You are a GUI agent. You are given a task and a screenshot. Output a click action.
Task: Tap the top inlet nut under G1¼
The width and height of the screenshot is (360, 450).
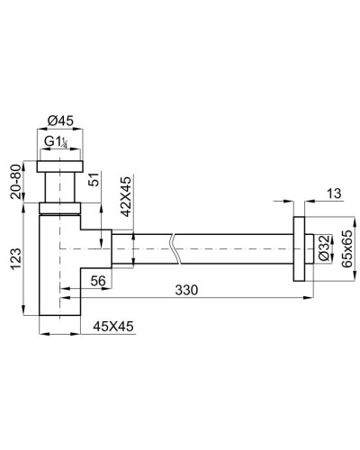(60, 166)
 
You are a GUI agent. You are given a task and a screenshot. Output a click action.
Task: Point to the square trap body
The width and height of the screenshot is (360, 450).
(61, 270)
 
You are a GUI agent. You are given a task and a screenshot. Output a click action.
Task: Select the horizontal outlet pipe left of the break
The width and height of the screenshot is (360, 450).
(144, 245)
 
